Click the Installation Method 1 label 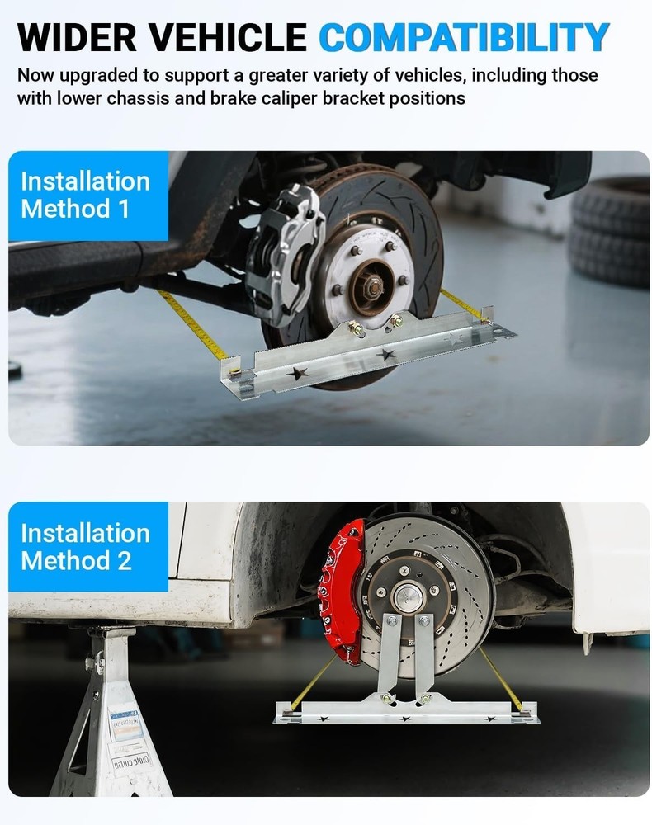86,195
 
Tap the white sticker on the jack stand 128,726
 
